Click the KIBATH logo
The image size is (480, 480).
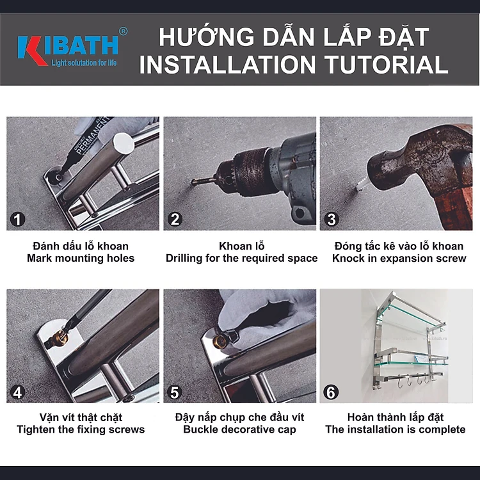68,50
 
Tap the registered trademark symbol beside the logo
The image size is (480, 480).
123,31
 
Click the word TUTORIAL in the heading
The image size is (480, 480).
387,65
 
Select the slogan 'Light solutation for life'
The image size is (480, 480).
84,63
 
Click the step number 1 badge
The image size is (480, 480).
17,220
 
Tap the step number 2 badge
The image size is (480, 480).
175,220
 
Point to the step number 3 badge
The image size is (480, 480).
332,220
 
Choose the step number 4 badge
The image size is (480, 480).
17,392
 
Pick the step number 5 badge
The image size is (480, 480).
175,392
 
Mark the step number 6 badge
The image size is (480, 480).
331,392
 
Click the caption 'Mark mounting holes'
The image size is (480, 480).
81,259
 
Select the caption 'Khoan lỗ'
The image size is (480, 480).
241,246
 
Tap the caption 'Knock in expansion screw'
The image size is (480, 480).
399,259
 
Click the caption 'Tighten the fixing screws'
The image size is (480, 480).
81,429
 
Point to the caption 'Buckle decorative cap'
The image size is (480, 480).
240,429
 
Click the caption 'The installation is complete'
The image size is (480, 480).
396,429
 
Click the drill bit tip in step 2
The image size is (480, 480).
193,182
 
